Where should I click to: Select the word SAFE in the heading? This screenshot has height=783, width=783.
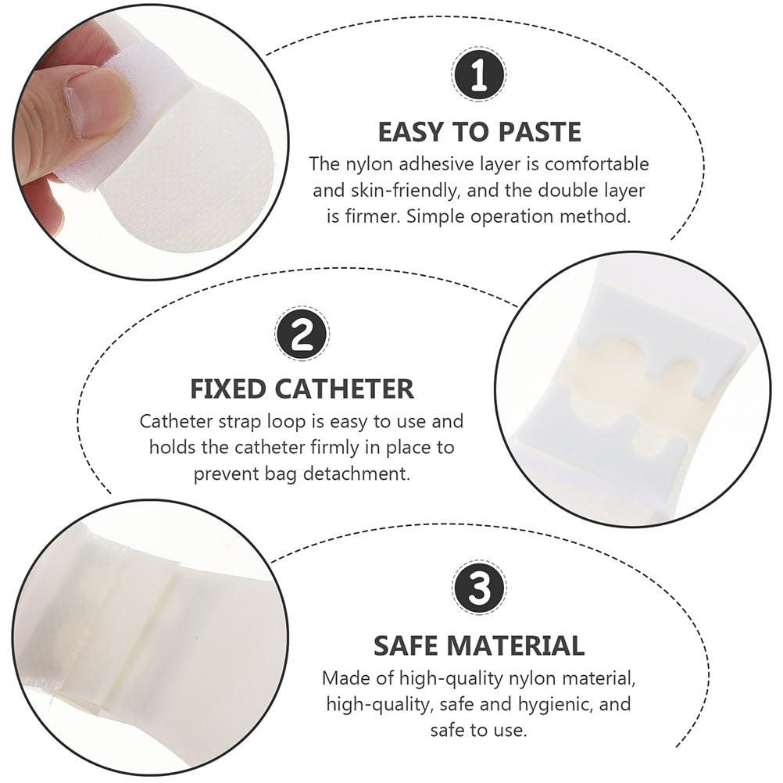coord(410,645)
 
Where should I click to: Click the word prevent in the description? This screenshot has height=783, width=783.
coord(227,474)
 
